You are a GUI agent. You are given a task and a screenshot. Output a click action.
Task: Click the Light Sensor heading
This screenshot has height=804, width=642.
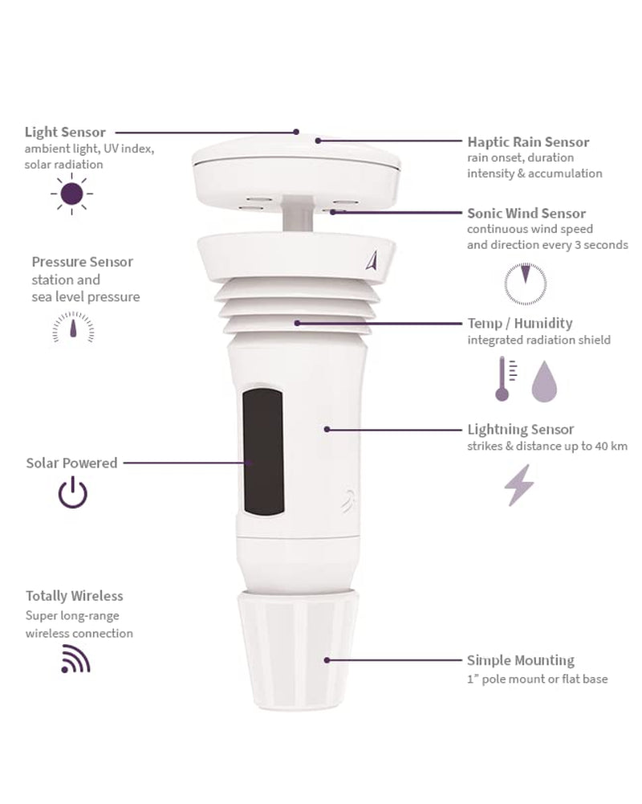coord(65,132)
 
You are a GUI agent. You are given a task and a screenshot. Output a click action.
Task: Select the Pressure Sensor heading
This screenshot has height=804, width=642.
coord(83,262)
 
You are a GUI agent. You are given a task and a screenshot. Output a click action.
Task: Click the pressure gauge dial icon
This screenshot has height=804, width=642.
coord(73,327)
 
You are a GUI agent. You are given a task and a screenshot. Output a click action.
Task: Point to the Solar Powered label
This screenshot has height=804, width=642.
coord(71,463)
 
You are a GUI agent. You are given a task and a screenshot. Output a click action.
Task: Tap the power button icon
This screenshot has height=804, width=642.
coord(73,492)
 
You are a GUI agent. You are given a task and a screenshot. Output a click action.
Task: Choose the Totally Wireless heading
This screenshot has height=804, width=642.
coord(75,596)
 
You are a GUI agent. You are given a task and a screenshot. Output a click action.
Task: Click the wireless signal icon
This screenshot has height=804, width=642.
coord(75,659)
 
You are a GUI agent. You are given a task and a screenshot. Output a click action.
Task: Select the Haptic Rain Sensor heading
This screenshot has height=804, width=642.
coord(528,142)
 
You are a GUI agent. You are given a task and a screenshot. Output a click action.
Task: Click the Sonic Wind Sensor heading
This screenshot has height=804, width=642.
coord(526,214)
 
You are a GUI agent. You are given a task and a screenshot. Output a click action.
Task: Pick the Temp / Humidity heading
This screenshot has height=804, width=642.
coord(520,323)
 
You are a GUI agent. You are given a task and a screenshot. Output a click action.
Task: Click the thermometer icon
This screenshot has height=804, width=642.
coord(503,379)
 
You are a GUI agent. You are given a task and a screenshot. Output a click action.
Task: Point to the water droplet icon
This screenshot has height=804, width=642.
coord(544,382)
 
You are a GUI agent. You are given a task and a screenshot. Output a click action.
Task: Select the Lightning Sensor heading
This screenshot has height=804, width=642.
coord(521,430)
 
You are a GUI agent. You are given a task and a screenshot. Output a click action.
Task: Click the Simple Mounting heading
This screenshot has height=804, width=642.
coord(521,660)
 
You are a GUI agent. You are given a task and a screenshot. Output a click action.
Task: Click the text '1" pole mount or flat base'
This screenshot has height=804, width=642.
coord(537,680)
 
